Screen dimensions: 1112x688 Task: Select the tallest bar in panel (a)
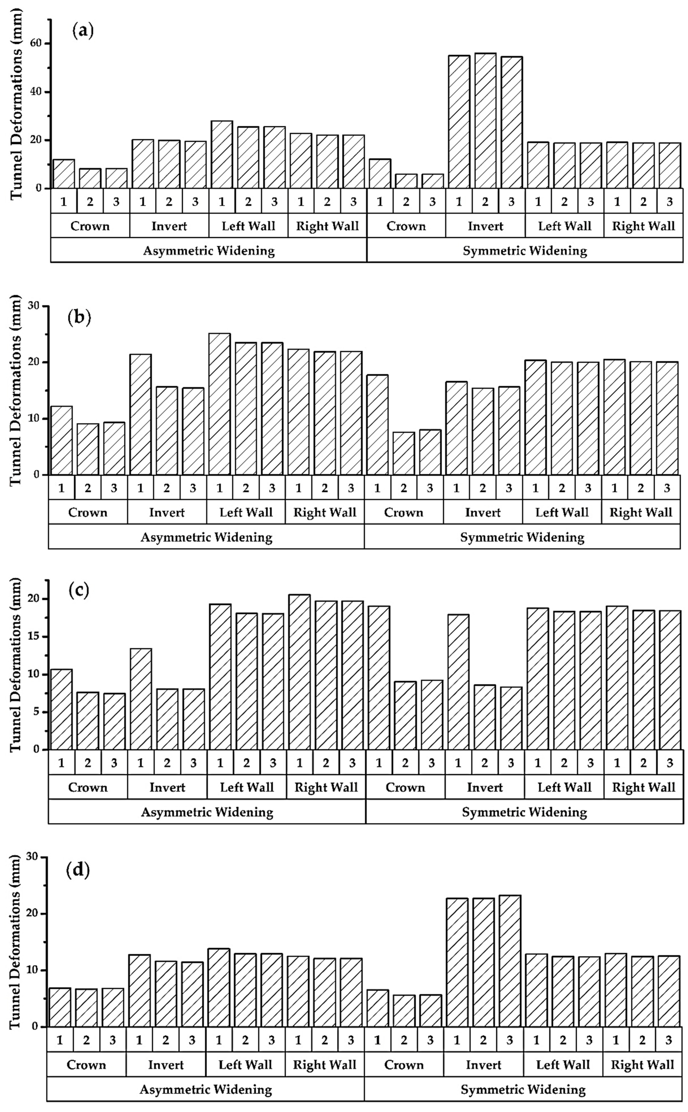(x=485, y=121)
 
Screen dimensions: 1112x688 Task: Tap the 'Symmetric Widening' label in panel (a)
(x=525, y=251)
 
